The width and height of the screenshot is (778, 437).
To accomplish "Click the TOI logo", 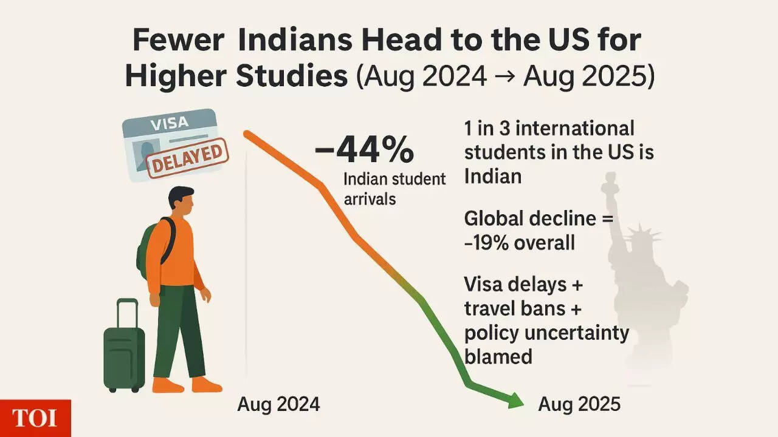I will pos(35,418).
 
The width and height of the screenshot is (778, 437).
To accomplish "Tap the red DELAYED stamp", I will pos(187,157).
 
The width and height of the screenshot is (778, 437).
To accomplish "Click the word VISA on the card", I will pos(168,123).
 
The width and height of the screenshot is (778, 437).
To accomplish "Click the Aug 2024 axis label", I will pos(278,404).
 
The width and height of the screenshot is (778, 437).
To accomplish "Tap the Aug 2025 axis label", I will pos(579,404).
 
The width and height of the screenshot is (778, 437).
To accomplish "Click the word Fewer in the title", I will pos(178,41).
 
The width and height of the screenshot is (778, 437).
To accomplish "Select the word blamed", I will pos(498,356).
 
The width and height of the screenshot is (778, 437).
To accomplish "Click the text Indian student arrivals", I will pos(394,188).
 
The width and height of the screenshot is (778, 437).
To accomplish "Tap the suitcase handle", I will pos(128,313).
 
